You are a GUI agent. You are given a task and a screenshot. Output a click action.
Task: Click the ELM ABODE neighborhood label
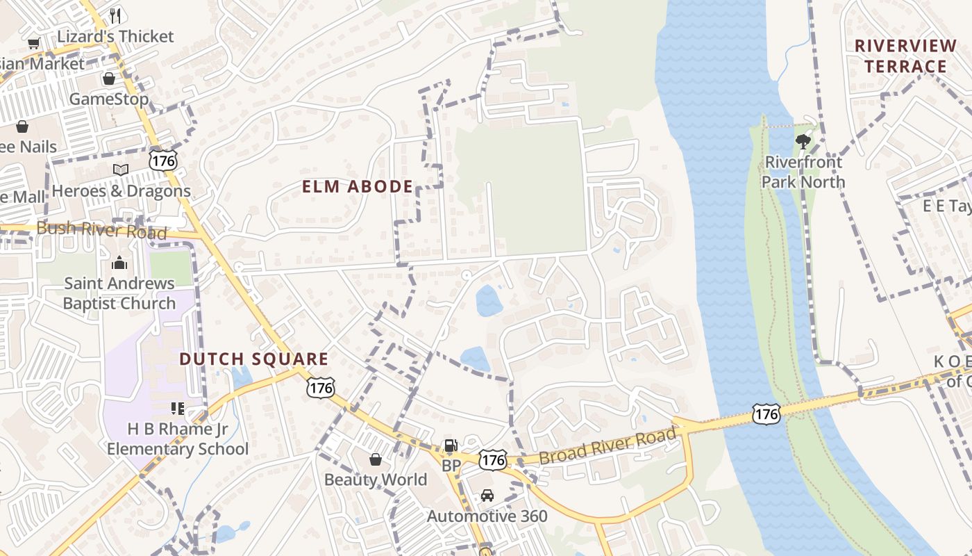pos(358,186)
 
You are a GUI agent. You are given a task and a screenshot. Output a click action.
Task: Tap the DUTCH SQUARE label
pos(253,359)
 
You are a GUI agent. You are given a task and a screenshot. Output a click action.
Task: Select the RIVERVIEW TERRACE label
pos(905,56)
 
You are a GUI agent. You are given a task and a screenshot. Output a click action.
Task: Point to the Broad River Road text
pos(607,447)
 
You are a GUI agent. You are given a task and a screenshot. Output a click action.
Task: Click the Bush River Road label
pos(101,230)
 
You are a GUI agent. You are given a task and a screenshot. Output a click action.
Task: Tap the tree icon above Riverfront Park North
pos(803,142)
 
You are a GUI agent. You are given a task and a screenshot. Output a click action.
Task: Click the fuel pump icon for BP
pos(451,445)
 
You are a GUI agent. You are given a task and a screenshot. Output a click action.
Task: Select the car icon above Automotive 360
pos(487,496)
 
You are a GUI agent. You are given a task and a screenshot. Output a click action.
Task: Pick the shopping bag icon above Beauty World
pos(376,459)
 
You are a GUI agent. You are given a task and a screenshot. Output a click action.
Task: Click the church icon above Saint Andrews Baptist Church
pos(119,263)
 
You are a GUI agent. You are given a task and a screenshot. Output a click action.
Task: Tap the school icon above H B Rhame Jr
pos(178,408)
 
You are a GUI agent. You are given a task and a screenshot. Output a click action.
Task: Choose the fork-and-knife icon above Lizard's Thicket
pos(115,15)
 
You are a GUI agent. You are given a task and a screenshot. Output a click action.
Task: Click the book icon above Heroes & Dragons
pos(121,170)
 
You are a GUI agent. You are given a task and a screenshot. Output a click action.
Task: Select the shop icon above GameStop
pos(108,79)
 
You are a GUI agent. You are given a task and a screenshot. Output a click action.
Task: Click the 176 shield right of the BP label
pos(493,459)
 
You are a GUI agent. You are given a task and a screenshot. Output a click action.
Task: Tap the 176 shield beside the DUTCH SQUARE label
pos(321,387)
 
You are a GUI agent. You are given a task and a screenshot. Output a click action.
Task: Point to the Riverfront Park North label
pos(803,172)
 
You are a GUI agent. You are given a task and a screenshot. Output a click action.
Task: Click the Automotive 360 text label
pos(487,516)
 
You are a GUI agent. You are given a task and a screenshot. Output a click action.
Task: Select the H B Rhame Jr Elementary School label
pos(178,439)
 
